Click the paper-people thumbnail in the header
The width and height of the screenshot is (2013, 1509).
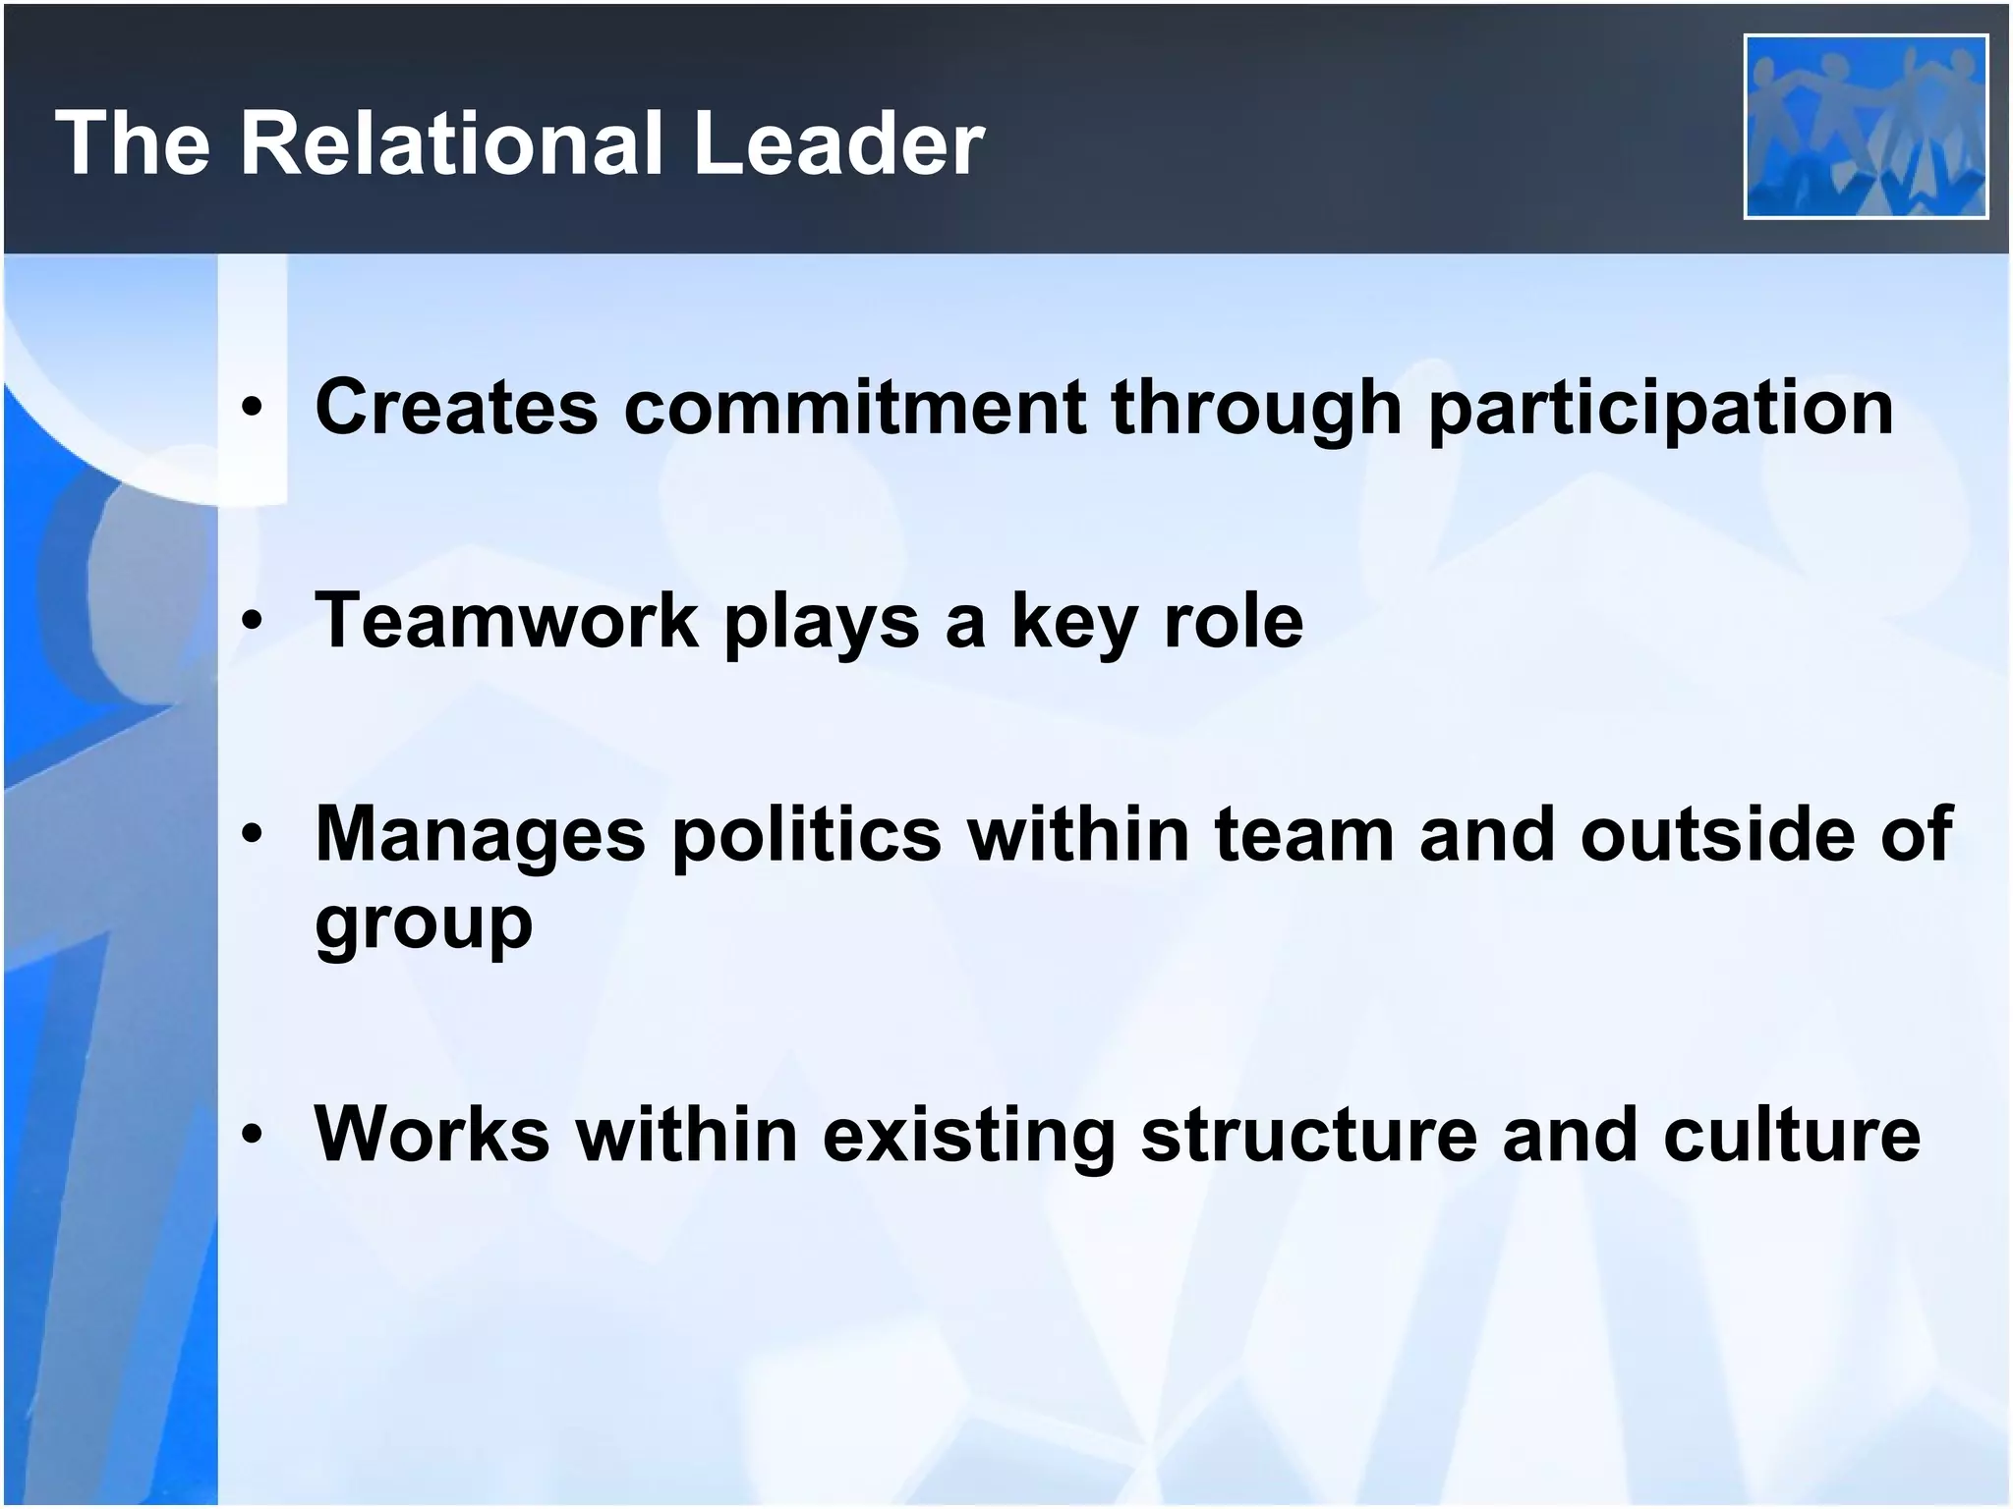[x=1866, y=127]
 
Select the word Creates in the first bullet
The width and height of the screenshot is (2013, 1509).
[x=456, y=406]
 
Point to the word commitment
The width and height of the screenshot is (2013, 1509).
[x=854, y=406]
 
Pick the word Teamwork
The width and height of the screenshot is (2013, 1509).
[x=506, y=620]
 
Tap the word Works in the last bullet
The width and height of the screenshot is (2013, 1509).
[x=431, y=1134]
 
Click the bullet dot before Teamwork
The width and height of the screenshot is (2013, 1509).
[x=253, y=621]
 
